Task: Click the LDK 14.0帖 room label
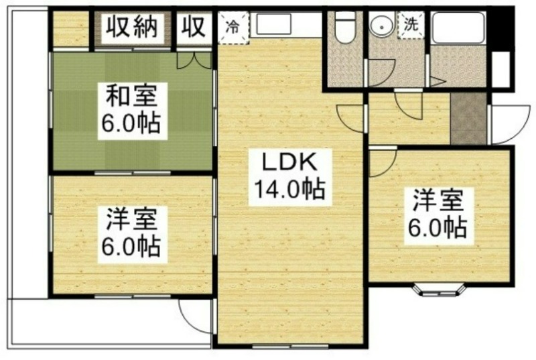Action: click(x=290, y=177)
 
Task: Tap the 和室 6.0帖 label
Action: click(x=133, y=111)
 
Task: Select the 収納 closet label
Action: click(x=132, y=27)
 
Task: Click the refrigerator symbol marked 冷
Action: click(x=233, y=27)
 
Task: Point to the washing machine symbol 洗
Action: click(x=411, y=25)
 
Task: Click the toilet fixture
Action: click(x=345, y=27)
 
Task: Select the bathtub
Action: click(x=458, y=27)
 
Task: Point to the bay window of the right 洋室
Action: click(x=440, y=289)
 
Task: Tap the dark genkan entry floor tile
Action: click(x=468, y=118)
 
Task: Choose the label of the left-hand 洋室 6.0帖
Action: click(x=133, y=235)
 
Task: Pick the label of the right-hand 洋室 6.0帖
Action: click(x=439, y=216)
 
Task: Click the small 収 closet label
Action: click(x=194, y=27)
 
